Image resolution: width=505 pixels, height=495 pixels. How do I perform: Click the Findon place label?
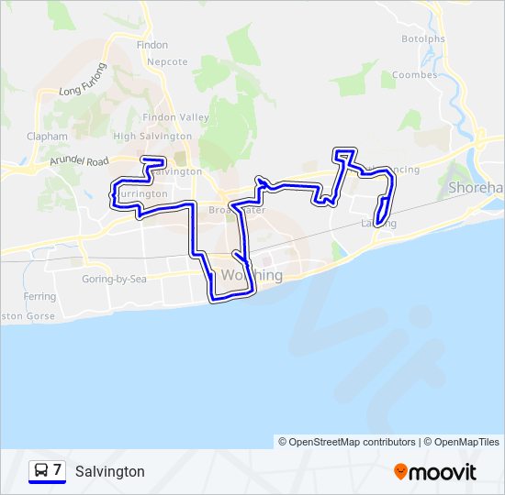click(x=151, y=44)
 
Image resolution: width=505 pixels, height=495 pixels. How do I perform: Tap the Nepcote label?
click(x=169, y=62)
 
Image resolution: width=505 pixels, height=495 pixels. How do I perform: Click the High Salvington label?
click(x=152, y=137)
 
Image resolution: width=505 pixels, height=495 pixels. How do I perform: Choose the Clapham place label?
click(x=48, y=137)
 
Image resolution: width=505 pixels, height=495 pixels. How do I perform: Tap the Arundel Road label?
click(x=81, y=161)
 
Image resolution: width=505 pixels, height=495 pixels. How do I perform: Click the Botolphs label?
click(x=423, y=38)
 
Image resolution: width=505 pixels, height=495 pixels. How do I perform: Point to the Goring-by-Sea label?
click(x=114, y=279)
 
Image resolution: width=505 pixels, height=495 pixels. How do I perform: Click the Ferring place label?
click(x=40, y=297)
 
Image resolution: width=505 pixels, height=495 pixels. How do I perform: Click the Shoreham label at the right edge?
click(x=476, y=187)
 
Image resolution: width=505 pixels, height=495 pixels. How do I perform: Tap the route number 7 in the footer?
click(x=57, y=470)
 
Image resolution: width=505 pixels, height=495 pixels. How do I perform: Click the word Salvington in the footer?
click(x=110, y=471)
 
